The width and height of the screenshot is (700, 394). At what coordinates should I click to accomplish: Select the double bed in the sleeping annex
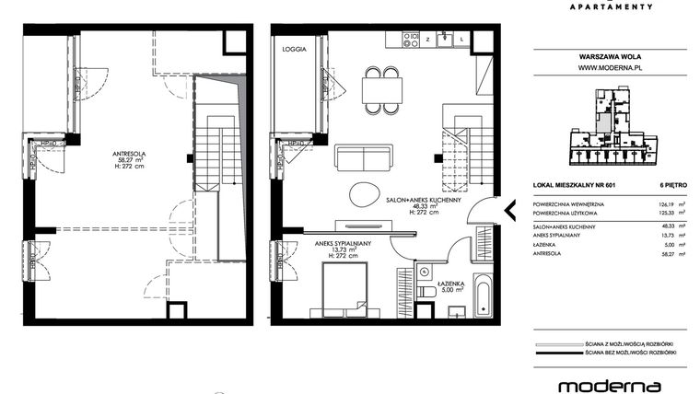(x=343, y=287)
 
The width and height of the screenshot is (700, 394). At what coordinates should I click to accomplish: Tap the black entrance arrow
(x=508, y=211)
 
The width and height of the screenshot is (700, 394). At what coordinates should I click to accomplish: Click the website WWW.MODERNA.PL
(x=609, y=67)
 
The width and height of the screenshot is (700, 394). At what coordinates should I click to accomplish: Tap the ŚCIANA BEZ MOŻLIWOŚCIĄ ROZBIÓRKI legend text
(x=631, y=353)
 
